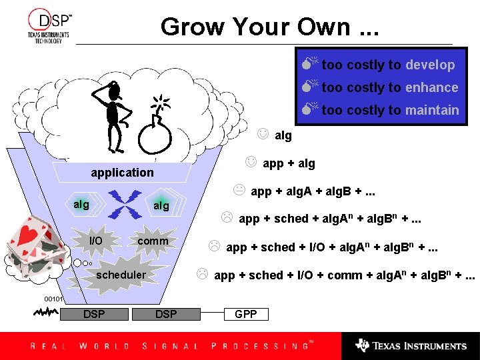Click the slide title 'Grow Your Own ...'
[x=269, y=27]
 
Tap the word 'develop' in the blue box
[x=430, y=65]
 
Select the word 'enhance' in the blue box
[x=431, y=87]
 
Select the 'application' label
[x=122, y=173]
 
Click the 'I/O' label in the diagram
[x=96, y=240]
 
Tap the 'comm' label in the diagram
[x=153, y=240]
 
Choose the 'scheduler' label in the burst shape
[x=121, y=275]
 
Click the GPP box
[x=246, y=314]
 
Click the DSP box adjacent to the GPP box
[x=166, y=314]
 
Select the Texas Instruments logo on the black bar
[x=411, y=346]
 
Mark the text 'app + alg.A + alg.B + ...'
[x=312, y=191]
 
